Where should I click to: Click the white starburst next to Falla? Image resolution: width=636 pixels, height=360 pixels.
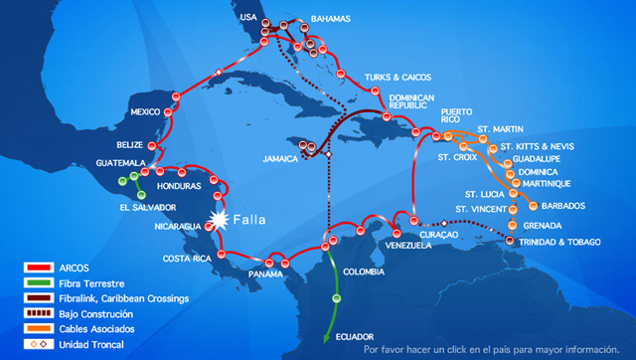pyautogui.click(x=216, y=219)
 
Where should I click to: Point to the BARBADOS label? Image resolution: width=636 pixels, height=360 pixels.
pyautogui.click(x=563, y=206)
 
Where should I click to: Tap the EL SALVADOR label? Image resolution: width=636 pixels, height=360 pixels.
pyautogui.click(x=146, y=208)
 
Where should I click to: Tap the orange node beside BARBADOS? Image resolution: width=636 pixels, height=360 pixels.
pyautogui.click(x=534, y=206)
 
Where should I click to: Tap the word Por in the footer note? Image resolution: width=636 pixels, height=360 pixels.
pyautogui.click(x=372, y=350)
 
